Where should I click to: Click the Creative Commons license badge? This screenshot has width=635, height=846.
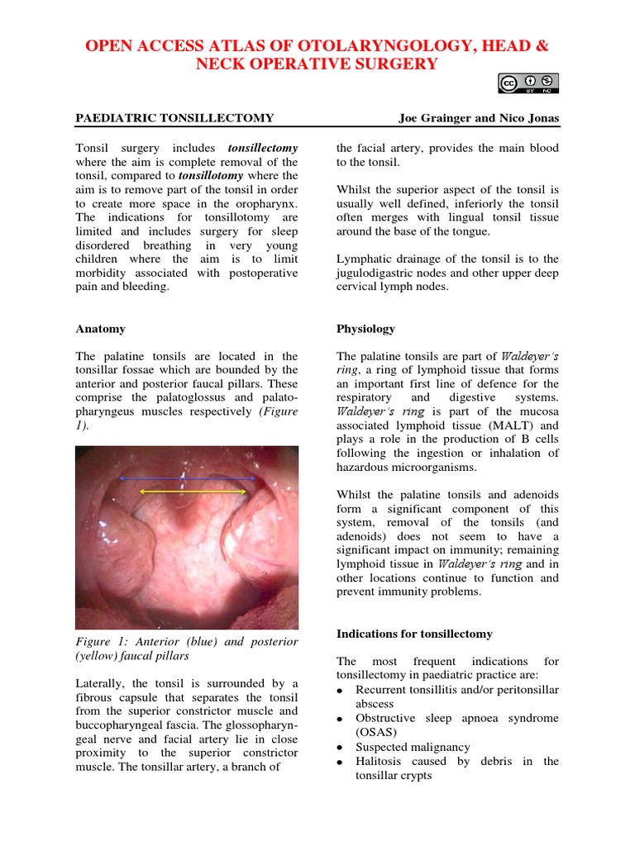coord(528,84)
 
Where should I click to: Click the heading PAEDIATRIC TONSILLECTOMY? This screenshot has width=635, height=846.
coord(174,118)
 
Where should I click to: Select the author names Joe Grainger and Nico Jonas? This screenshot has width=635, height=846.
coord(478,118)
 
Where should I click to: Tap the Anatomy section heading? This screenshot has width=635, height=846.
coord(100,329)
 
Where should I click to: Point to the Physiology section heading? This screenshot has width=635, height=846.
coord(365,329)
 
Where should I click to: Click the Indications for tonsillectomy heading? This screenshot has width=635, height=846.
coord(414,634)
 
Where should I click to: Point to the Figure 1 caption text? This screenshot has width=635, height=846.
coord(187,649)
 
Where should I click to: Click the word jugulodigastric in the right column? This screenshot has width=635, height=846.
coord(376,273)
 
